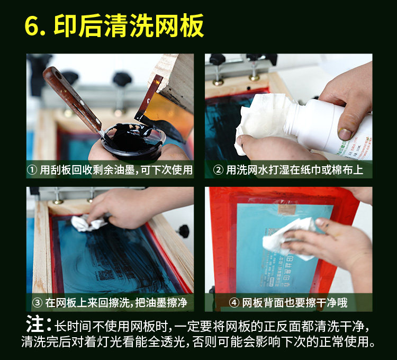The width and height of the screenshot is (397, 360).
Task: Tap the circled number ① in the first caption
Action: (32, 170)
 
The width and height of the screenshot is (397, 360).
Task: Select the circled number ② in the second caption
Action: (218, 170)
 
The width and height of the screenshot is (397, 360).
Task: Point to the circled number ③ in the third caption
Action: (37, 303)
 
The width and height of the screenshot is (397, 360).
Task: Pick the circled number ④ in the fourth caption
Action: (234, 303)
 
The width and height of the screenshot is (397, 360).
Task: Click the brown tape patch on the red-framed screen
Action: (287, 210)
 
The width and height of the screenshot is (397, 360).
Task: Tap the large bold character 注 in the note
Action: (35, 324)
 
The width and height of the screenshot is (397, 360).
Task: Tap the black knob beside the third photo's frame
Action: (184, 231)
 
